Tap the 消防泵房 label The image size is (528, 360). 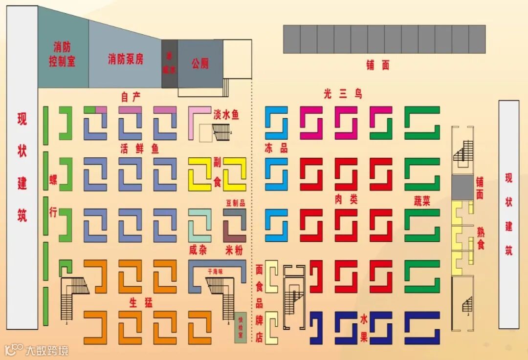coord(126,60)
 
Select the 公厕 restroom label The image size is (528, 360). coord(200,63)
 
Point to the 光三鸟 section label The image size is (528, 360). coord(343,94)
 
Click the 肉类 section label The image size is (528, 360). coord(346,199)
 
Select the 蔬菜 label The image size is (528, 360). coord(421,201)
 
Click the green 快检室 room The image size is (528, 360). coord(240,327)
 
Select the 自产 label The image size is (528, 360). coord(131,97)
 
